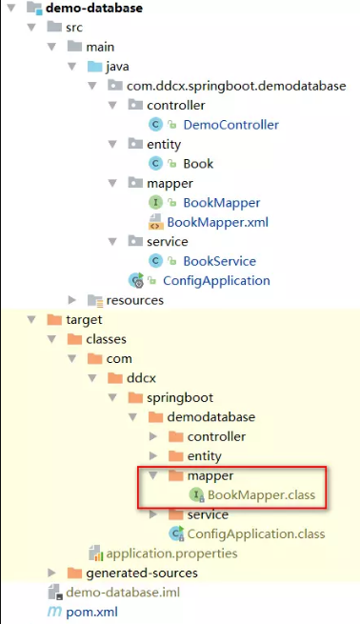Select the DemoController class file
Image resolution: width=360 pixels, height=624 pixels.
coord(230,124)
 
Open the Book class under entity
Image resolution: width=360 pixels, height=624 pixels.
coord(198,163)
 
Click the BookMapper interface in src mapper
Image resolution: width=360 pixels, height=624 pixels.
coord(221,202)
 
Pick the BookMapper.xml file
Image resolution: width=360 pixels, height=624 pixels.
coord(217,222)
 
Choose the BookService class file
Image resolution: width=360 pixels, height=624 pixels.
coord(219,261)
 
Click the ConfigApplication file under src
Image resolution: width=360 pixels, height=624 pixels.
coord(216,280)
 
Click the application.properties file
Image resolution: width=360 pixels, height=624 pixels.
coord(171,554)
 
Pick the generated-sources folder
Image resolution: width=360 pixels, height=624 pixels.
coord(142,573)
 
